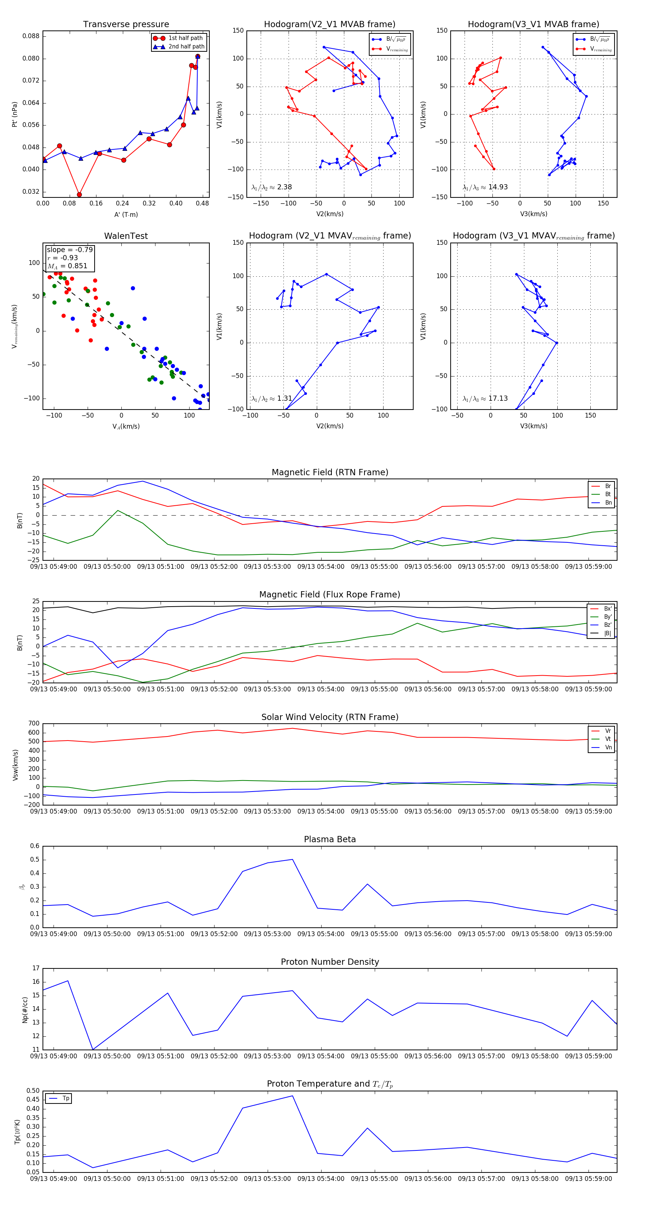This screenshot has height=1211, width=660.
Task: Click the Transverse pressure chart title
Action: (126, 25)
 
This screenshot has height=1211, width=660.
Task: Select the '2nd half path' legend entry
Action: (186, 47)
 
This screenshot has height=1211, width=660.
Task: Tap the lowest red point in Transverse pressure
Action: (80, 194)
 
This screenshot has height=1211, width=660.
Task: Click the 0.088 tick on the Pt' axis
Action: (31, 36)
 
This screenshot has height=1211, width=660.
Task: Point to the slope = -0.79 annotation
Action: (70, 250)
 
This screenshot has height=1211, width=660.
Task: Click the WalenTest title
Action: (126, 236)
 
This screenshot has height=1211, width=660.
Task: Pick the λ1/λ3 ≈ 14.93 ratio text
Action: (485, 187)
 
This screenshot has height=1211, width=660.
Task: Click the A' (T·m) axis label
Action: (126, 214)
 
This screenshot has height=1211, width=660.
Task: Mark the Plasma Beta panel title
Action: (330, 839)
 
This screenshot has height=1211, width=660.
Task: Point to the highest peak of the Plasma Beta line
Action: (292, 859)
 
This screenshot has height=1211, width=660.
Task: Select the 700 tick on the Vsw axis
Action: (34, 724)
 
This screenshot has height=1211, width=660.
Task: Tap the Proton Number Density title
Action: (330, 962)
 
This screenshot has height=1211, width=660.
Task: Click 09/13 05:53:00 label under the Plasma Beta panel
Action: (267, 934)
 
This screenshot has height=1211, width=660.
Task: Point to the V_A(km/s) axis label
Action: (126, 426)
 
